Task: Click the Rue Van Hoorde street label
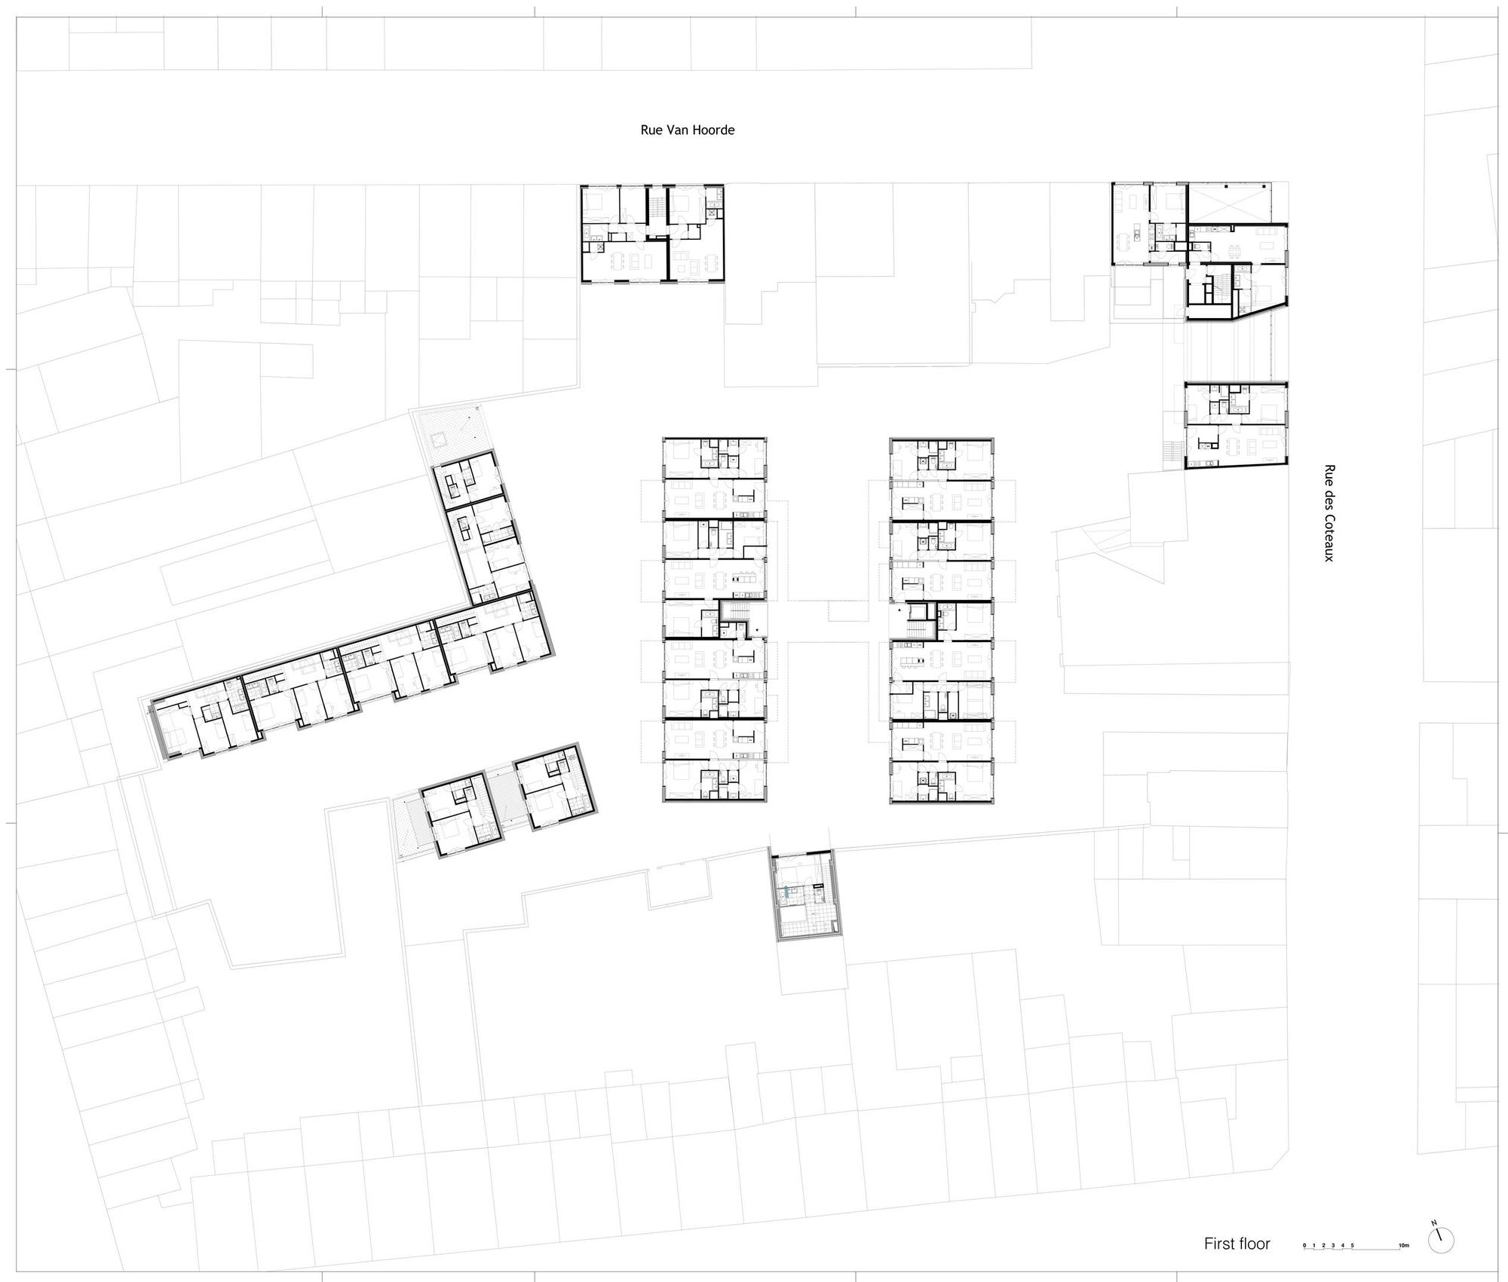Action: click(x=687, y=130)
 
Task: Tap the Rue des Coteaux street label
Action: click(x=1329, y=512)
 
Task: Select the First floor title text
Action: click(x=1237, y=1244)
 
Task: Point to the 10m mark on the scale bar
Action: click(x=1403, y=1245)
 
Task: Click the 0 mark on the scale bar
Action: click(x=1304, y=1245)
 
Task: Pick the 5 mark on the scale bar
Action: click(x=1352, y=1245)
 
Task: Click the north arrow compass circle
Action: click(x=1441, y=1240)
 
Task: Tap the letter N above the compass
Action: click(x=1436, y=1222)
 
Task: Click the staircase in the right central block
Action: click(x=918, y=621)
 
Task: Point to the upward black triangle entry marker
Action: click(x=900, y=608)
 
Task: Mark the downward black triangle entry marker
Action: click(x=756, y=628)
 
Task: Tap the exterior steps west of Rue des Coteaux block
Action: click(x=1171, y=451)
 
